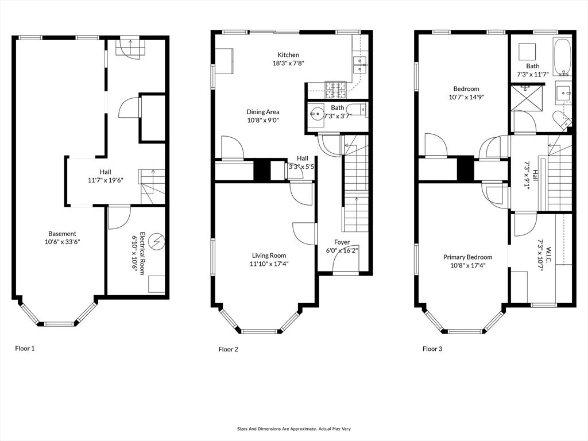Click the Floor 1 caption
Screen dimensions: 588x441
[x=25, y=349]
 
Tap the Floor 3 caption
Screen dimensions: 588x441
[x=432, y=349]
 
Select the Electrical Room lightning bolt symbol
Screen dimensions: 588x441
[x=156, y=242]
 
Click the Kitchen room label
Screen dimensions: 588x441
[x=288, y=55]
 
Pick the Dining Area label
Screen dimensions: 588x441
[x=263, y=112]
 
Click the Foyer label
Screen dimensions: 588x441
[x=342, y=242]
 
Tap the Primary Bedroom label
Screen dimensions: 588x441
[x=467, y=257]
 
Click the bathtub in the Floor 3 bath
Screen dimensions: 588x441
[x=562, y=56]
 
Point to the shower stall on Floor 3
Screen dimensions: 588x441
[x=526, y=98]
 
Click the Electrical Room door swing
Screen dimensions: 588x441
[x=119, y=218]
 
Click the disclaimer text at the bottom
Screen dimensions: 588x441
[x=293, y=428]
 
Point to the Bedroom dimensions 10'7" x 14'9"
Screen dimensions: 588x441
[x=466, y=97]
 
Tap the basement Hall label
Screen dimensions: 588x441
[x=106, y=172]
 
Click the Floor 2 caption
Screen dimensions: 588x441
[x=229, y=350]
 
